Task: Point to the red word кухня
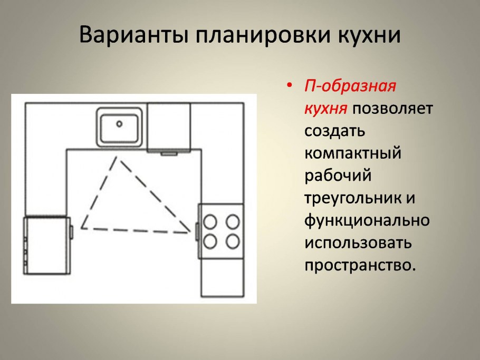click(x=325, y=109)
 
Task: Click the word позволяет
click(x=392, y=109)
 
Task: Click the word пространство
click(x=357, y=266)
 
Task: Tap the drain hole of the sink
click(x=119, y=124)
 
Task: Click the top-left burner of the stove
click(x=210, y=221)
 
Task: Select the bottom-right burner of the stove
click(x=233, y=241)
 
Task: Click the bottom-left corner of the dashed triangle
click(x=82, y=228)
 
